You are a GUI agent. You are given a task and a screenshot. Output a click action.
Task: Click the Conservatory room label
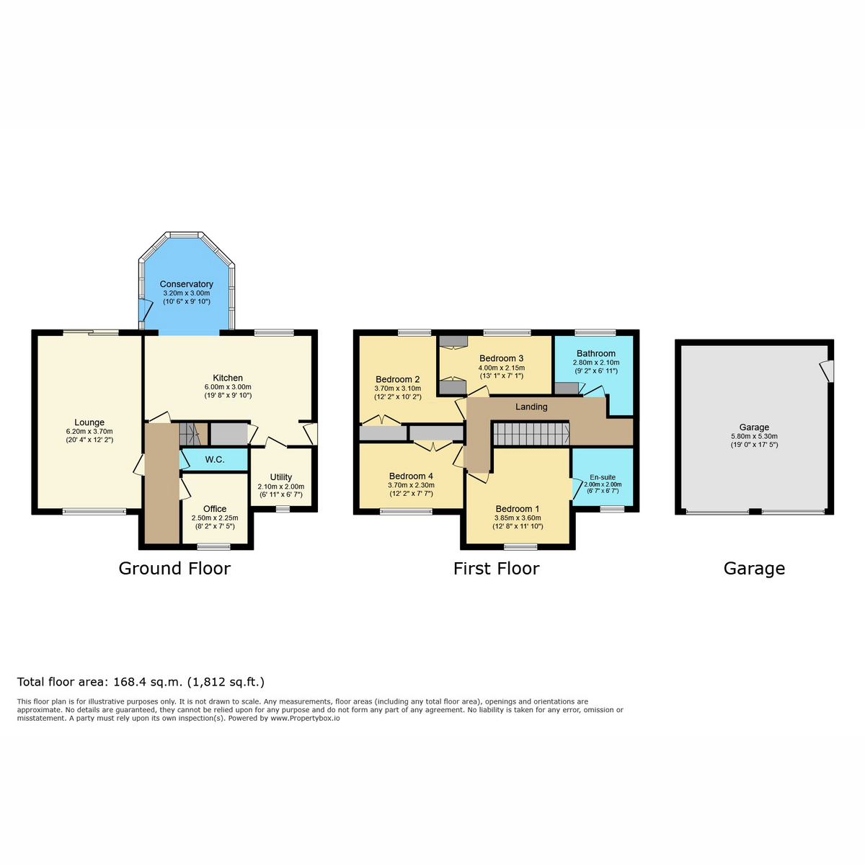pyautogui.click(x=186, y=284)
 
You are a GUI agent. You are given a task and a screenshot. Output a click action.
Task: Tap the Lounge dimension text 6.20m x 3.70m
pyautogui.click(x=89, y=431)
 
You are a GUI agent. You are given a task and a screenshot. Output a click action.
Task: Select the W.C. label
pyautogui.click(x=215, y=460)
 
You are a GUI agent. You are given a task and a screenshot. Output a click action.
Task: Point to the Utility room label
pyautogui.click(x=281, y=477)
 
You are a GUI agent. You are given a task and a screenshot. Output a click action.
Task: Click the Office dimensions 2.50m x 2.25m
pyautogui.click(x=215, y=518)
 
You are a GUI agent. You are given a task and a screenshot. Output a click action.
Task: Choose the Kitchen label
pyautogui.click(x=228, y=378)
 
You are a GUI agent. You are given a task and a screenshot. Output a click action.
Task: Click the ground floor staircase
pyautogui.click(x=193, y=434)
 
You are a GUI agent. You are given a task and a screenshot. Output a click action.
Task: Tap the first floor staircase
pyautogui.click(x=531, y=434)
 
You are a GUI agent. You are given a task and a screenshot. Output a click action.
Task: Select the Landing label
pyautogui.click(x=531, y=407)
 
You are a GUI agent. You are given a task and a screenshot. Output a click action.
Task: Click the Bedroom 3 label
pyautogui.click(x=502, y=358)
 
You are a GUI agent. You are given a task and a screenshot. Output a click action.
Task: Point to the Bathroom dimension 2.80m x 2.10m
pyautogui.click(x=596, y=363)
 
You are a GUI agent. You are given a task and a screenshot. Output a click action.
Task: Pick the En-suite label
pyautogui.click(x=603, y=477)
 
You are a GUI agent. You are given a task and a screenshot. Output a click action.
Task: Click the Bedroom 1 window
pyautogui.click(x=520, y=546)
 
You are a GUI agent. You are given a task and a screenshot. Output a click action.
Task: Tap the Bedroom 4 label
pyautogui.click(x=411, y=476)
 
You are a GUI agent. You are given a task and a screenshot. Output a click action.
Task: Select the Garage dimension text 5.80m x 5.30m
pyautogui.click(x=755, y=436)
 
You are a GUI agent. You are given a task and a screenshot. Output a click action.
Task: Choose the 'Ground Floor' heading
pyautogui.click(x=174, y=569)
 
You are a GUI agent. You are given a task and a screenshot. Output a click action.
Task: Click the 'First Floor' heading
pyautogui.click(x=497, y=569)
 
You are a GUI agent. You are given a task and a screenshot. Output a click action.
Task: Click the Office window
pyautogui.click(x=214, y=546)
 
